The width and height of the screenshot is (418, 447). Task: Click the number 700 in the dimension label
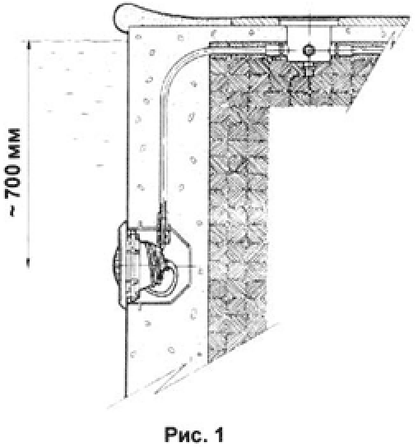point(13,182)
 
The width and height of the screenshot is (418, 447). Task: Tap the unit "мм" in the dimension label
point(13,145)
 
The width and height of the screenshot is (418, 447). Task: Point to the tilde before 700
point(13,210)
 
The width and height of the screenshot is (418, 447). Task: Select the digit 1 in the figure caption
point(219,435)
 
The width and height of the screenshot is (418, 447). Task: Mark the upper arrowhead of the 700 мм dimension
point(28,44)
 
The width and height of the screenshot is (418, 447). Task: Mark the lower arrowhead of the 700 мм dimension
point(28,263)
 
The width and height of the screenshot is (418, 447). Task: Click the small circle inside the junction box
point(309,50)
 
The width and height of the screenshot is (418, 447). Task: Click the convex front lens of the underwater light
point(115,265)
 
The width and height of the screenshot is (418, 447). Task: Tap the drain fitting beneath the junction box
point(309,69)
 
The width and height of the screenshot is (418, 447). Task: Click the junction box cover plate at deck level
point(309,21)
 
